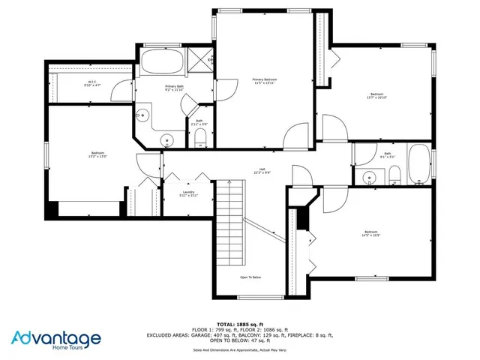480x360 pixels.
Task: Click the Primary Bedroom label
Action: click(x=265, y=79)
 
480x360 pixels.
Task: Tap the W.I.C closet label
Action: click(x=91, y=82)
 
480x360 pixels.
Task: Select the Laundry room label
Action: click(x=188, y=192)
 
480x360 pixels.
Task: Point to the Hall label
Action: click(x=262, y=169)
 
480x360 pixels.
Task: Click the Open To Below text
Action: click(x=250, y=277)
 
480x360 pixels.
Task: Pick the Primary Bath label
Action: click(x=175, y=87)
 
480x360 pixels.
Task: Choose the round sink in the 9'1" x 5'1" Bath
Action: click(x=368, y=178)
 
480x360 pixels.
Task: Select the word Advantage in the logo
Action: click(x=55, y=338)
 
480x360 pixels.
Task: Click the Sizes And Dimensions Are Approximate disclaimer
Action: click(x=240, y=350)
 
